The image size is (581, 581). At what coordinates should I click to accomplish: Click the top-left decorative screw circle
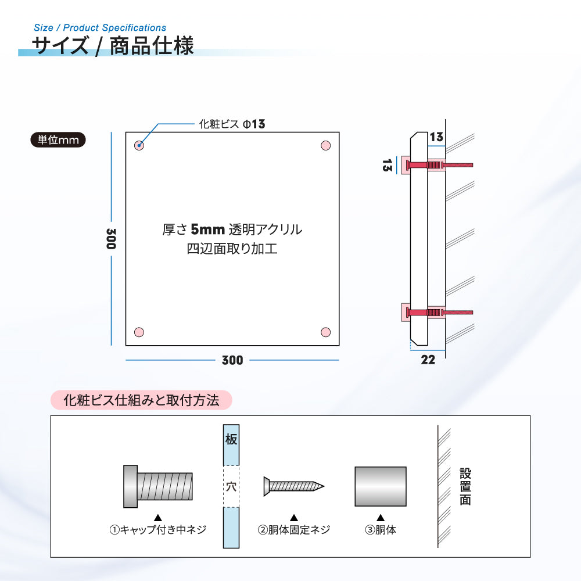click(139, 145)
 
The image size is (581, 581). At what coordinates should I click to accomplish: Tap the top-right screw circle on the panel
click(326, 145)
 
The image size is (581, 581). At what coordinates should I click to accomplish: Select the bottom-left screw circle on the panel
click(139, 332)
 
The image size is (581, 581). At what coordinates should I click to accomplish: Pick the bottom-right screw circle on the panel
click(326, 332)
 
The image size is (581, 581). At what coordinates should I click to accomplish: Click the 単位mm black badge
click(58, 139)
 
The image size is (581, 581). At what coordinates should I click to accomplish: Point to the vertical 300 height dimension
click(111, 239)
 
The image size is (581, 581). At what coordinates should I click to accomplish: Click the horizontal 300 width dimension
click(232, 360)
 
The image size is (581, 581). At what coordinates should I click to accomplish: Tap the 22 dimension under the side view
click(428, 360)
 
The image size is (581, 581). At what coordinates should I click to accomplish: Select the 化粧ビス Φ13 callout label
click(232, 124)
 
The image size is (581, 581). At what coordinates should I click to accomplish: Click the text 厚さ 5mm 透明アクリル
click(232, 229)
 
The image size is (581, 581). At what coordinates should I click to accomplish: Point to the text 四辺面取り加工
click(232, 248)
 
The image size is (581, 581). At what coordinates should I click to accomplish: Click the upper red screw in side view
click(439, 165)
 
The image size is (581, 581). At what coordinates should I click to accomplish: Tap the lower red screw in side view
click(439, 313)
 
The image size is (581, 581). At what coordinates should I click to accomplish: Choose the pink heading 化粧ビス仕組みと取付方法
click(141, 400)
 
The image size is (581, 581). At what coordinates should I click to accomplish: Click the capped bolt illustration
click(158, 486)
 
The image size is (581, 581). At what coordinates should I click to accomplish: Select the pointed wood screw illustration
click(294, 486)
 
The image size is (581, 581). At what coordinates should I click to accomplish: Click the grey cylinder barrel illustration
click(381, 486)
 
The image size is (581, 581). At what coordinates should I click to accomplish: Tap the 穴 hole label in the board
click(231, 486)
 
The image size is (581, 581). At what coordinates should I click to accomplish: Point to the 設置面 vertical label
click(465, 486)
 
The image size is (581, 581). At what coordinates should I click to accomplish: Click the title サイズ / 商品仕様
click(113, 46)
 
